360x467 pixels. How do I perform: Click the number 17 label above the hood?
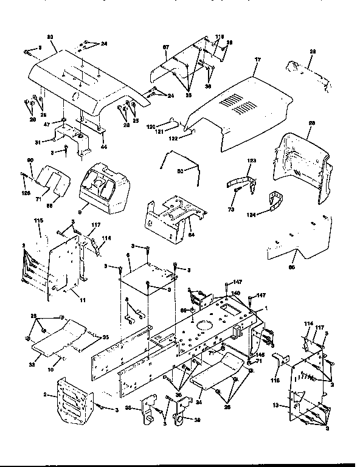click(x=257, y=60)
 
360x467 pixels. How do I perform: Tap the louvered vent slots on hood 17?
click(x=238, y=105)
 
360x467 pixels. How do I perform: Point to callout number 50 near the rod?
click(x=179, y=172)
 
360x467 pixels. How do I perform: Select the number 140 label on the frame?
click(x=236, y=294)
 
